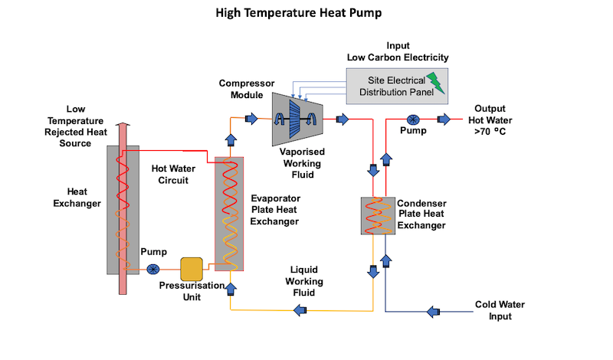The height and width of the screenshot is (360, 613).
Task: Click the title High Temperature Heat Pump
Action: coord(299,13)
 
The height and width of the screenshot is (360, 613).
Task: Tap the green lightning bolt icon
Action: coord(436,83)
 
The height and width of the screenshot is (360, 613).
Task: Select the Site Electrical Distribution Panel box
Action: coord(397,86)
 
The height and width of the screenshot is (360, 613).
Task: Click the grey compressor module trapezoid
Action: coord(297,119)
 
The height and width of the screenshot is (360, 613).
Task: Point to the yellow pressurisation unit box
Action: coord(192,269)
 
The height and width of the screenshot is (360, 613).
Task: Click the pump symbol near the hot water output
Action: coord(413,119)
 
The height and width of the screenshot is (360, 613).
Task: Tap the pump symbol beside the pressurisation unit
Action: coord(152,270)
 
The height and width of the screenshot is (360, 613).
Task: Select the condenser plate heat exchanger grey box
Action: coord(378,216)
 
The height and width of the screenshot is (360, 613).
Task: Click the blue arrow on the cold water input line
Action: coord(433,312)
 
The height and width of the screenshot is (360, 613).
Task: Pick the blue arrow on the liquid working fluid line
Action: coord(300,311)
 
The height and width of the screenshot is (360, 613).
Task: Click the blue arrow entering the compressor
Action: coord(251,119)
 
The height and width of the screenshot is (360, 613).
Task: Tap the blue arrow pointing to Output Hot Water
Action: coord(444,119)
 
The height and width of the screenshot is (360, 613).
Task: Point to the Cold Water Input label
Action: coord(500,310)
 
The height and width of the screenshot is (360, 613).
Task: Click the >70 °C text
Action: coord(490,132)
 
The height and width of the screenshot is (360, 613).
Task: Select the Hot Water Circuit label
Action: coord(173,175)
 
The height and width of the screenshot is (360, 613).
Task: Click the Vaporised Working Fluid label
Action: coord(302,163)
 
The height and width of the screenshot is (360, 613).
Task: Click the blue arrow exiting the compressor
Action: coord(343,119)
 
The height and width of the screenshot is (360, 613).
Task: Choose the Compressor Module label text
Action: coord(247,89)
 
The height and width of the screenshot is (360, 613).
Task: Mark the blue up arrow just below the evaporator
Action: coord(231,290)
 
